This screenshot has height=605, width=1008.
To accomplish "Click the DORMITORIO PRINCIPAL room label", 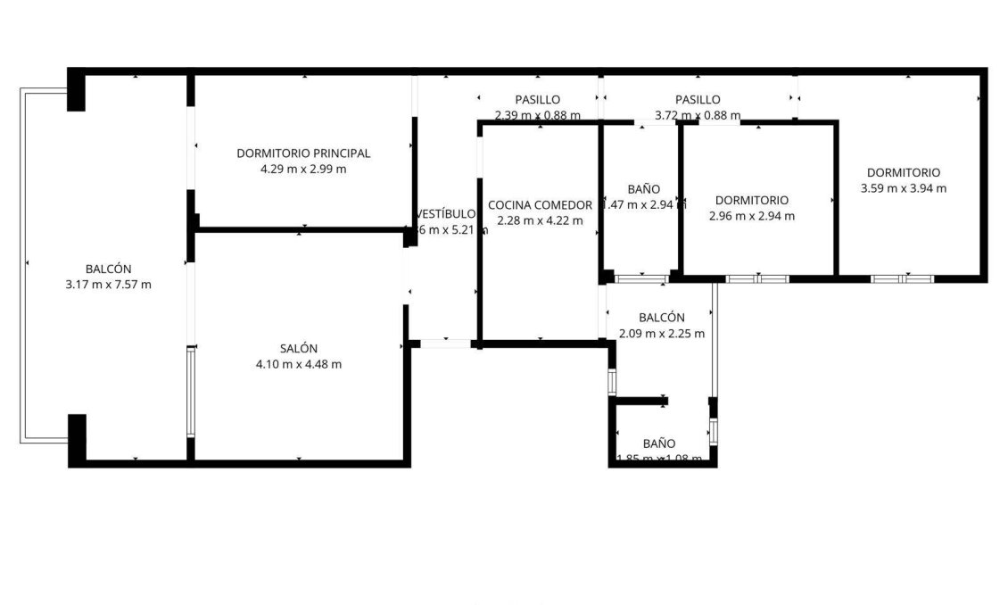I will click(303, 153).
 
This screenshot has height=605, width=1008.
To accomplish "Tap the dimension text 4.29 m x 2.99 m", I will click(303, 169).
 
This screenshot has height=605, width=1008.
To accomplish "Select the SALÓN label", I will click(298, 348).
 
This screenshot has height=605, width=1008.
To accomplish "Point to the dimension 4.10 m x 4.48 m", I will click(298, 364).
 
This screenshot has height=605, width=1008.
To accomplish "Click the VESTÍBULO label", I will click(446, 214).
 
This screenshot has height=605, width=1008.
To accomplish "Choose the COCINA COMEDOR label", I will click(540, 204).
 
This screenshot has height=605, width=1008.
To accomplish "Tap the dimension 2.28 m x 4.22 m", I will click(540, 220).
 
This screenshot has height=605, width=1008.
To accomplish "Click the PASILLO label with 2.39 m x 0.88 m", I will click(538, 99).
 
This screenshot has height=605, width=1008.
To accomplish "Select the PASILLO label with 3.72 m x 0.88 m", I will click(698, 99).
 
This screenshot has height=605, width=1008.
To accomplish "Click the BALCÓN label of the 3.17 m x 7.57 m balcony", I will click(109, 269).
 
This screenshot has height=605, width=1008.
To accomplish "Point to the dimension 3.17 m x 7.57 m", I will click(109, 285).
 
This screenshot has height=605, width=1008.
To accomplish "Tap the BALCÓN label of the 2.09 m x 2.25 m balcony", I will click(662, 318).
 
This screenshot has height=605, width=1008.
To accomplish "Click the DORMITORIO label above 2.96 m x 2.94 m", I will click(752, 200).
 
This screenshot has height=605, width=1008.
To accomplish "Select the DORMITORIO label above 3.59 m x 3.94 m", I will click(904, 172).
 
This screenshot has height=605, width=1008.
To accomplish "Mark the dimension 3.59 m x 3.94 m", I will click(904, 188).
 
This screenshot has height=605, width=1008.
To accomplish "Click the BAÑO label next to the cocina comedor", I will click(643, 189).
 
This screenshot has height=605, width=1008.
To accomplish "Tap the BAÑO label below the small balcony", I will click(659, 443).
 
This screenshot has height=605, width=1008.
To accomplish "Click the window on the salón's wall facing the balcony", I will click(190, 392).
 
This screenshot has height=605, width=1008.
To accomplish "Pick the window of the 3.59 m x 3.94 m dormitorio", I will click(902, 278).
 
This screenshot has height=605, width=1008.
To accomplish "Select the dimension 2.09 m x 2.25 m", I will click(662, 334).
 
